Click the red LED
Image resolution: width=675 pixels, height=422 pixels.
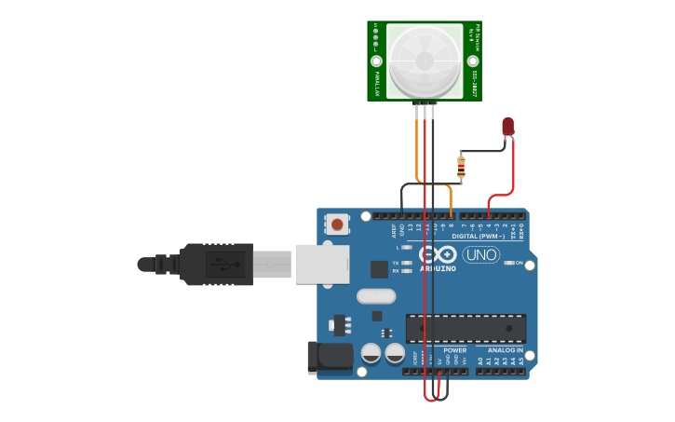[x=507, y=126]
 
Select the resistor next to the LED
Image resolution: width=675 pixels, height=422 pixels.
[x=461, y=168]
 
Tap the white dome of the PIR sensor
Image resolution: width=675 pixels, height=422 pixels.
[x=425, y=61]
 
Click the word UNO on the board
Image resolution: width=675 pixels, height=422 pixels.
[x=480, y=254]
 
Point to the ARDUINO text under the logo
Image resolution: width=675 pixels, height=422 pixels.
[x=438, y=268]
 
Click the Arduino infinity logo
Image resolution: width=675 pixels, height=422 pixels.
[x=437, y=254]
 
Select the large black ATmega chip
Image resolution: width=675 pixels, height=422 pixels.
[x=466, y=327]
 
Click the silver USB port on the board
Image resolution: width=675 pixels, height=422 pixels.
[x=322, y=264]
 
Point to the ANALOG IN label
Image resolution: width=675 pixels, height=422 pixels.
[x=506, y=350]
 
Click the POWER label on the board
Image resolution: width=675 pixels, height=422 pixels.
[x=454, y=350]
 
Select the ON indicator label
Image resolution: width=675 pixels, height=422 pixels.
[x=519, y=264]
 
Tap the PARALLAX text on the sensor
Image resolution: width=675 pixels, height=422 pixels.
[x=377, y=84]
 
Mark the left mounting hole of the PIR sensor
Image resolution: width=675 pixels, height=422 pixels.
[x=377, y=61]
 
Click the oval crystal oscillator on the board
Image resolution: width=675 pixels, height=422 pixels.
[x=376, y=296]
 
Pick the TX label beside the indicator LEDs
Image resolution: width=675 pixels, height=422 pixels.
[x=396, y=263]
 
